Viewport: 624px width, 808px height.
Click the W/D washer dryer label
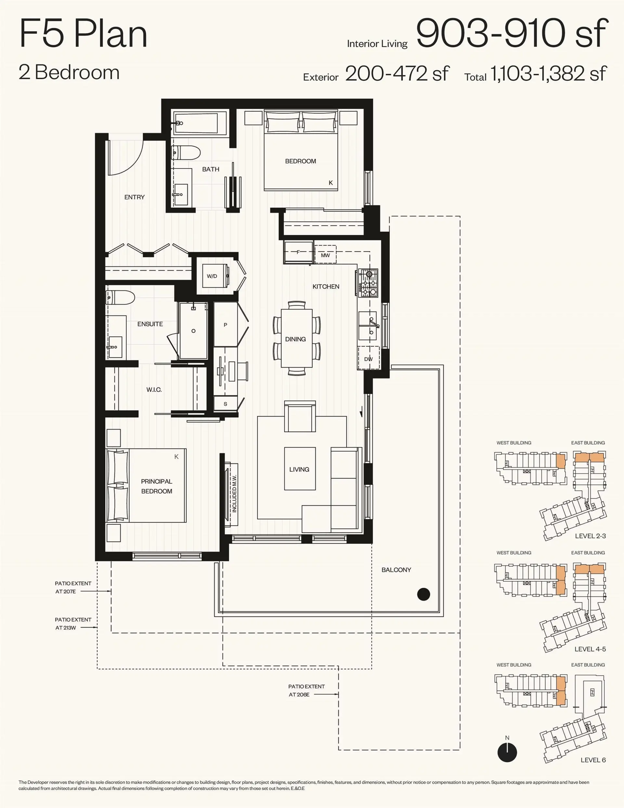[212, 276]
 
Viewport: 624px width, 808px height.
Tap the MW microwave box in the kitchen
[325, 255]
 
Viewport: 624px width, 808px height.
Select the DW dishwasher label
[369, 359]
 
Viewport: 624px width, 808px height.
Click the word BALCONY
[396, 570]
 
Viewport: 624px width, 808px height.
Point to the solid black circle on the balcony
[423, 594]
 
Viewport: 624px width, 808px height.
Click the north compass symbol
[507, 752]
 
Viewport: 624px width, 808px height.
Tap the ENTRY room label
[134, 197]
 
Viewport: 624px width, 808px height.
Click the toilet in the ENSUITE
[121, 297]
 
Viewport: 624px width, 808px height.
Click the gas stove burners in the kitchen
[368, 283]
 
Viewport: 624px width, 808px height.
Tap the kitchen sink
[368, 326]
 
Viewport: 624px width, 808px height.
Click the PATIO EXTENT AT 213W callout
[72, 623]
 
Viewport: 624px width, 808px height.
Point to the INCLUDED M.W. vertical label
[234, 494]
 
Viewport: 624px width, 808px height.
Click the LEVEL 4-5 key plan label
[590, 649]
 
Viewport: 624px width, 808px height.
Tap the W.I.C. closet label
[154, 390]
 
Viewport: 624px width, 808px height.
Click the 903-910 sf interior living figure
[512, 33]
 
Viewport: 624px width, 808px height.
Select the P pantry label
[225, 325]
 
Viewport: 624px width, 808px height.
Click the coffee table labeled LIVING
[300, 469]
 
